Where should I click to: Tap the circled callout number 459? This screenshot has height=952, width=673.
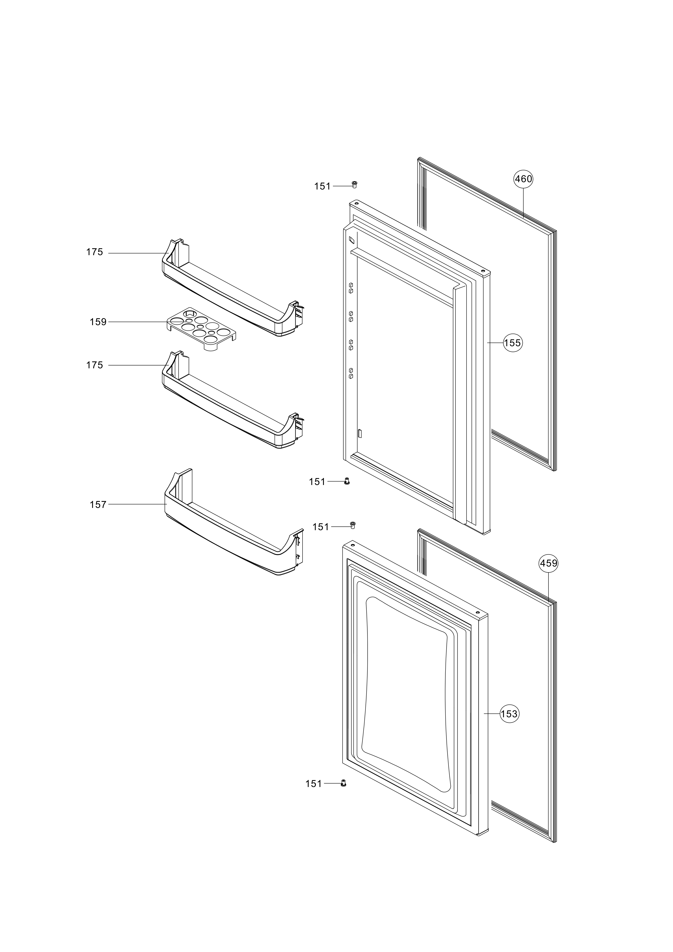point(548,564)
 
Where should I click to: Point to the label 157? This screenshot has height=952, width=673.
point(98,505)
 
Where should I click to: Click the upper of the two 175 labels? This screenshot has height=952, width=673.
point(94,252)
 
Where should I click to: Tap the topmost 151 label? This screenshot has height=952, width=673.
point(322,187)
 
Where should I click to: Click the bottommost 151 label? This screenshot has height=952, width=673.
point(314,784)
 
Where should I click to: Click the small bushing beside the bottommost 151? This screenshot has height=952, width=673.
point(343,783)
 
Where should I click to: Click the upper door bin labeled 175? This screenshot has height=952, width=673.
point(232,290)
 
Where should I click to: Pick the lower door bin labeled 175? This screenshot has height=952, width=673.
point(232,402)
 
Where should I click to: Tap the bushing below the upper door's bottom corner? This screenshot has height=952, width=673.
point(347,481)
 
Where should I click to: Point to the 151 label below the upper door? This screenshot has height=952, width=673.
point(317,482)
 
